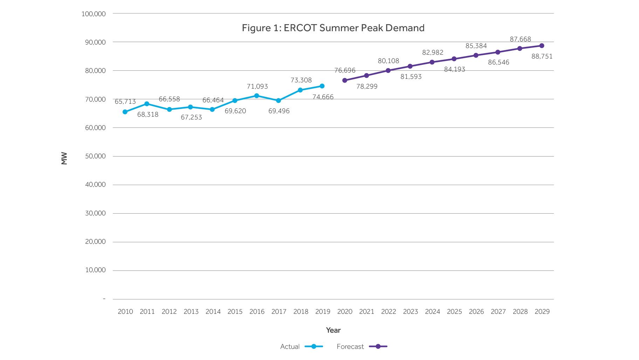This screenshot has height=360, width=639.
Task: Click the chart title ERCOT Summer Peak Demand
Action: [x=333, y=28]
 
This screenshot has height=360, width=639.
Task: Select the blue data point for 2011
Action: [x=147, y=104]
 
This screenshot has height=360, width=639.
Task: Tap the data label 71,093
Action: [x=257, y=86]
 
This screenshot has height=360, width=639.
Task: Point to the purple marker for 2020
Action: [x=345, y=81]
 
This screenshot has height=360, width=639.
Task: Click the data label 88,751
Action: [x=542, y=56]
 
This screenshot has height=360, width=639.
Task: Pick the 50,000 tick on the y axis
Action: [x=95, y=156]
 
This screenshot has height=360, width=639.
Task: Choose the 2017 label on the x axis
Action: [x=279, y=312]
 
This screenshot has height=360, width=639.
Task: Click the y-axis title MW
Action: [x=64, y=158]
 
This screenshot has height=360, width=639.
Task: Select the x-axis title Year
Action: [x=333, y=330]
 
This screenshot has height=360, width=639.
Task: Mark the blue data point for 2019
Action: [x=322, y=86]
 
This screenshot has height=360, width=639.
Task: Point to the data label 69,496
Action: [x=279, y=111]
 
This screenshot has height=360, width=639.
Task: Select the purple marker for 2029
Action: [x=542, y=46]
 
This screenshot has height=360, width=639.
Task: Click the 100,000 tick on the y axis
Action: [x=94, y=14]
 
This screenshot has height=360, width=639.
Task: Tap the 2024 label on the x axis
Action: [x=432, y=312]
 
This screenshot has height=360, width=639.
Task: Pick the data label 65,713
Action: [x=125, y=102]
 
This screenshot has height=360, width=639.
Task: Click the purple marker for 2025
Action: [x=454, y=59]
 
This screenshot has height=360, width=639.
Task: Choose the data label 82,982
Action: [x=433, y=53]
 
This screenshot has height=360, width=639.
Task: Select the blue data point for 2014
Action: [x=212, y=110]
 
